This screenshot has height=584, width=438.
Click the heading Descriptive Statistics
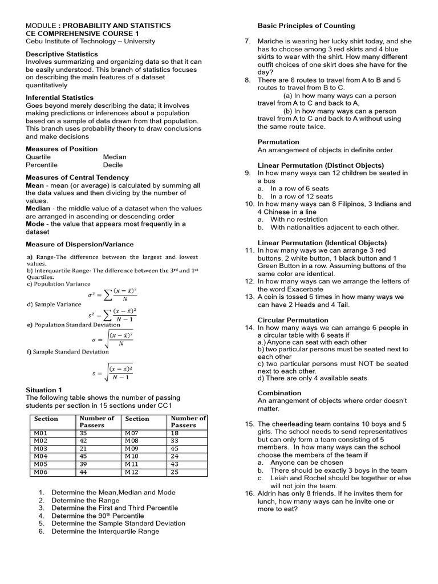point(62,54)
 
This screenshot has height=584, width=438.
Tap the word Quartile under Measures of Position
point(38,157)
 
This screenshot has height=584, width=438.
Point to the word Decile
point(113,165)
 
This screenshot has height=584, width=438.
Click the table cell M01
point(40,433)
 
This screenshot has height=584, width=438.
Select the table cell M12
point(132,472)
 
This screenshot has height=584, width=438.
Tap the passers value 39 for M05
point(84,464)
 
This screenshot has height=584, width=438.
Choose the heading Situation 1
point(44,390)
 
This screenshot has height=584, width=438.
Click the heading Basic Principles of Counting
point(306,26)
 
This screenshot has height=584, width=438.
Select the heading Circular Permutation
point(293,321)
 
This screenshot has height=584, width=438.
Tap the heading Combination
point(279,393)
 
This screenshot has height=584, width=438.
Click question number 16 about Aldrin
point(250,493)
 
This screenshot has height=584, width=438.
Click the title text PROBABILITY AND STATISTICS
point(116,26)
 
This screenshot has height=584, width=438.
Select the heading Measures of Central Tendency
point(78,177)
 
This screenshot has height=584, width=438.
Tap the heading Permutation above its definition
point(278,142)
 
